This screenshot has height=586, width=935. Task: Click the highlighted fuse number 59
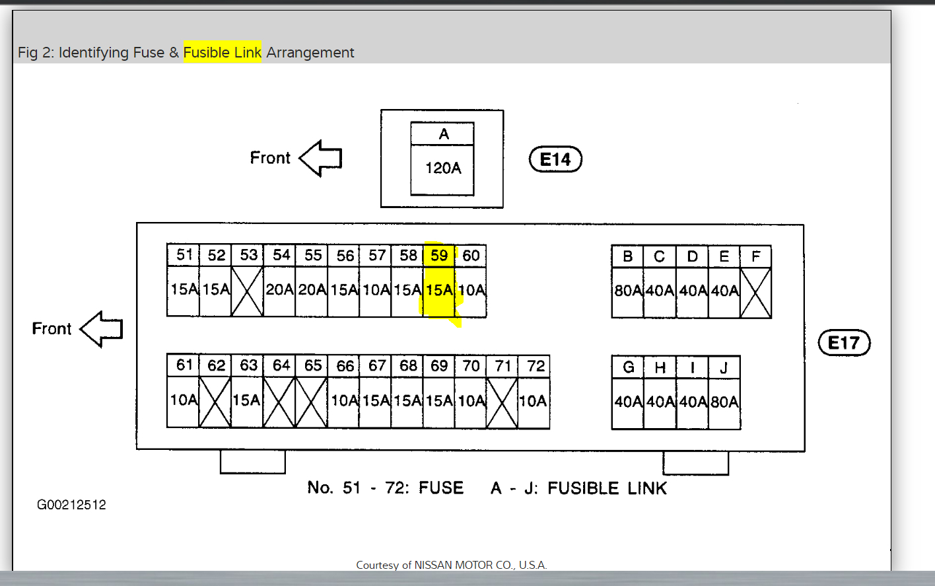tap(439, 256)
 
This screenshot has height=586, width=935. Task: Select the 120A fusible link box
tap(442, 168)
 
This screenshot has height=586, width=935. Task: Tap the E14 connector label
tap(555, 159)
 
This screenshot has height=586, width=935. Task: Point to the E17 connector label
tap(844, 343)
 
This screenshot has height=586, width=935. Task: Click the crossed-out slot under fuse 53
tap(248, 291)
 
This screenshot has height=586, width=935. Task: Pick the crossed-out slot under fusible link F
tap(756, 292)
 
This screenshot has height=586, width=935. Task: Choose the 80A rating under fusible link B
tap(628, 291)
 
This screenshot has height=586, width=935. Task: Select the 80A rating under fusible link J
tap(724, 402)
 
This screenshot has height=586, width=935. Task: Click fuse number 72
tap(536, 366)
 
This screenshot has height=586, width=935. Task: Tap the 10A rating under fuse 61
tap(184, 400)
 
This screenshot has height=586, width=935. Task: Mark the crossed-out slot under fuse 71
tap(502, 402)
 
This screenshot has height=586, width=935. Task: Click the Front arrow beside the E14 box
tap(321, 158)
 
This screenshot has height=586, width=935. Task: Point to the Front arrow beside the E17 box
tap(102, 329)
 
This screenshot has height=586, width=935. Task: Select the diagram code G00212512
tap(71, 505)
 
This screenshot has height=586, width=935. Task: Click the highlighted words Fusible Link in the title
tap(223, 52)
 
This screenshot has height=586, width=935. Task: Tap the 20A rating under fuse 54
tap(280, 289)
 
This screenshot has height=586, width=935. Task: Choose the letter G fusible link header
tap(628, 367)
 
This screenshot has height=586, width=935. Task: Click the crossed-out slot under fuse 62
tap(215, 402)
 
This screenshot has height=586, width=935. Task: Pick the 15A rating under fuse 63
tap(247, 400)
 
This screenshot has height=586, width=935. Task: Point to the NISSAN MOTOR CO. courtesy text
tap(452, 565)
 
